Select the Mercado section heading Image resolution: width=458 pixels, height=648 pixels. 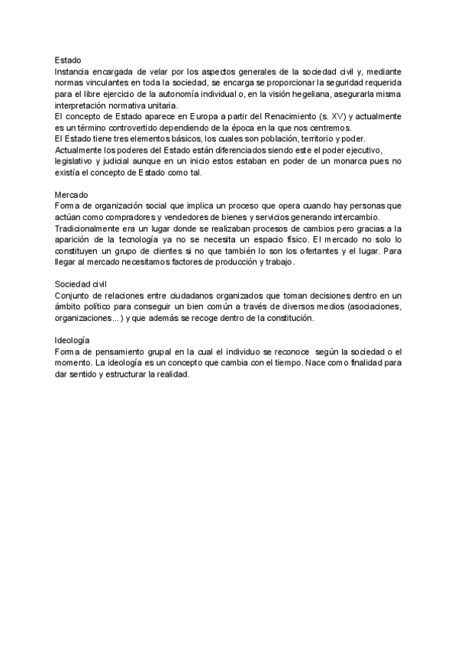pyautogui.click(x=73, y=195)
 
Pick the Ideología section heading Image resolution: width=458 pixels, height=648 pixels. pyautogui.click(x=73, y=339)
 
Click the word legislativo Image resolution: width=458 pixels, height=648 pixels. pyautogui.click(x=76, y=161)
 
